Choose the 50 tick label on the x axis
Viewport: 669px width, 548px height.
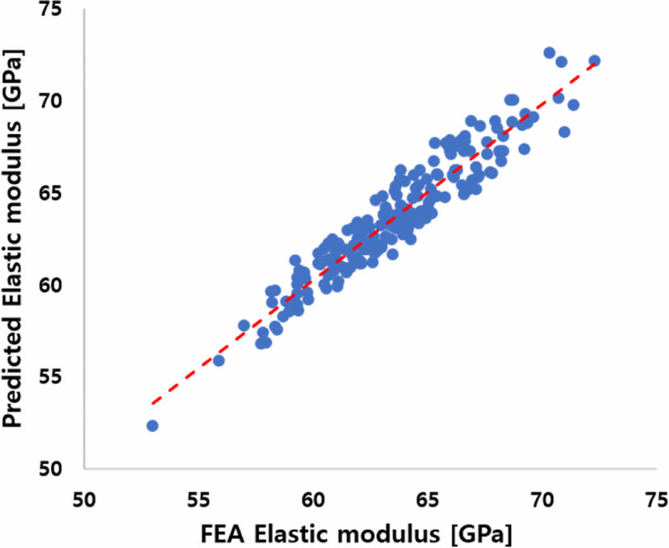click(84, 497)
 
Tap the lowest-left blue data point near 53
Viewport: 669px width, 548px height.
click(152, 426)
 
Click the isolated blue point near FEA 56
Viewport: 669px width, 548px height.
click(219, 360)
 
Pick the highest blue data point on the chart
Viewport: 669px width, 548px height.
click(549, 53)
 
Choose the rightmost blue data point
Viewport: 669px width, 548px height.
click(594, 61)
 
